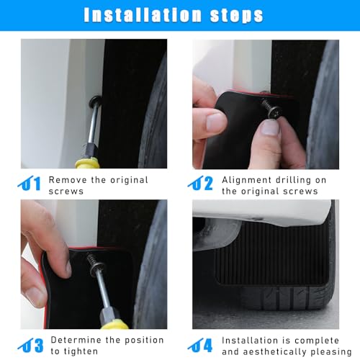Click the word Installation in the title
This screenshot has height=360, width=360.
coord(143,15)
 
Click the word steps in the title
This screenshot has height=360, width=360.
coord(236,16)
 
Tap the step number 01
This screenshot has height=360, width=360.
coord(30,183)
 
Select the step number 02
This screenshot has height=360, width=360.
coord(200,183)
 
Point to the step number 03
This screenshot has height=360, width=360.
coord(30,346)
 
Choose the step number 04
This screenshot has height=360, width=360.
coord(200,346)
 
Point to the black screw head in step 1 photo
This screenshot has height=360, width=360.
coord(95,101)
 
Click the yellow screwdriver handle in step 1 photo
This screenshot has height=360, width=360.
coord(87,163)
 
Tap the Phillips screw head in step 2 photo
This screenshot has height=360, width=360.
coord(274,112)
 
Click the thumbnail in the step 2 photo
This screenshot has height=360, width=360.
coord(271,127)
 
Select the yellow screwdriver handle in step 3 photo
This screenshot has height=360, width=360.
coord(114,324)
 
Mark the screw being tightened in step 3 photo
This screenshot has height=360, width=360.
coord(95,264)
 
